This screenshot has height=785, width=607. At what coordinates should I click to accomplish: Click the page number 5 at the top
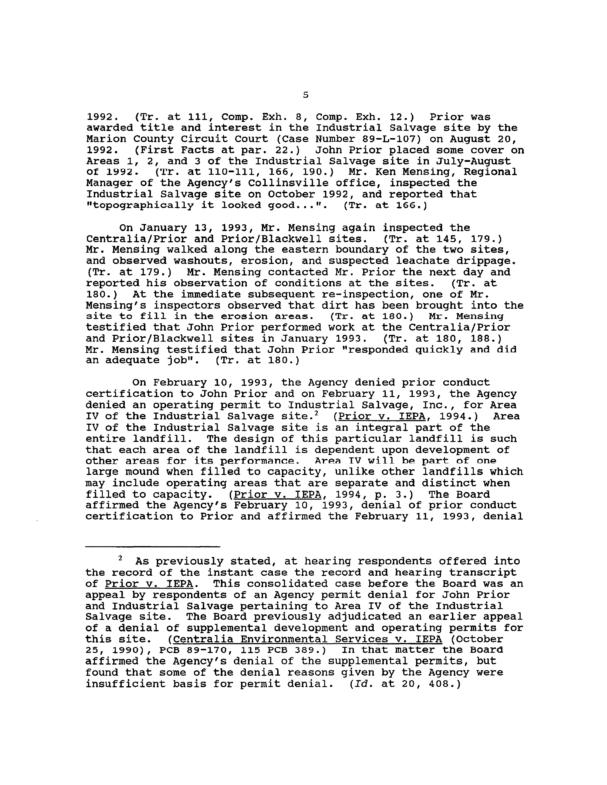pyautogui.click(x=305, y=95)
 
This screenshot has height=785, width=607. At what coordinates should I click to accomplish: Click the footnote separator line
pyautogui.click(x=153, y=547)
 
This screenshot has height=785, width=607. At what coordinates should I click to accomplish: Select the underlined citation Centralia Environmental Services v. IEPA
pyautogui.click(x=308, y=639)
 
